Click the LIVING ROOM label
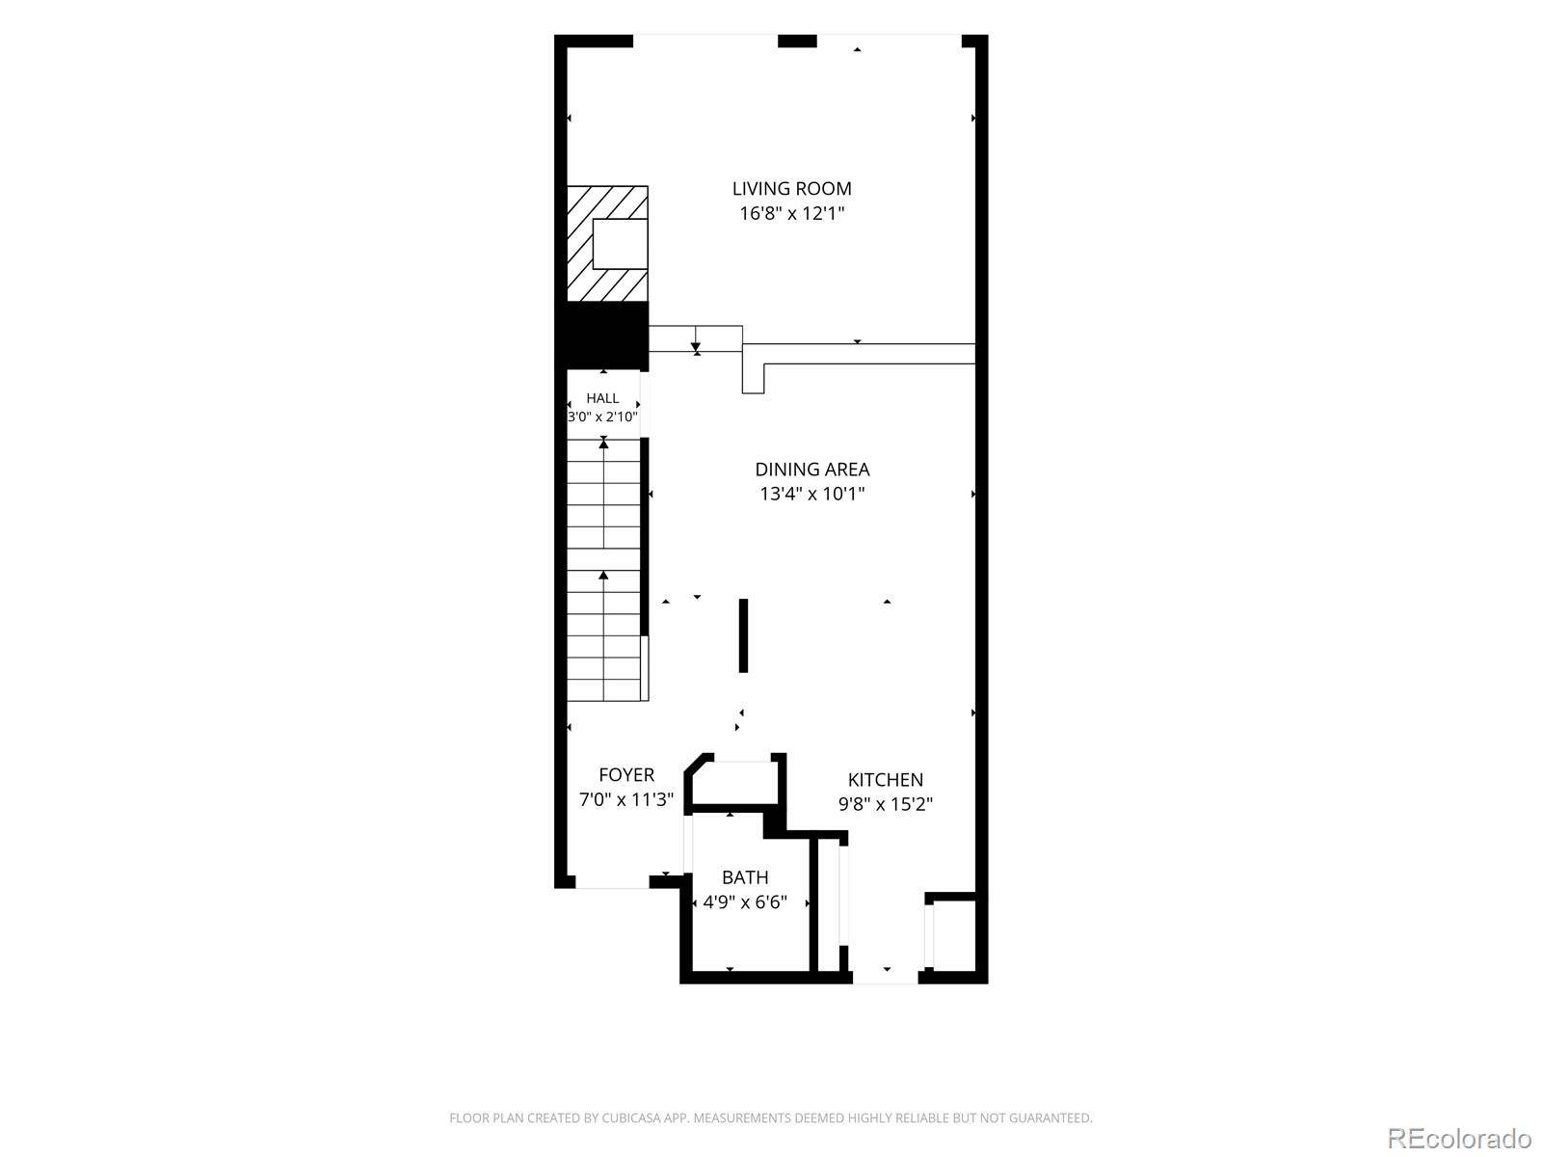pyautogui.click(x=791, y=188)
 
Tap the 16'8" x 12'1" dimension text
pyautogui.click(x=791, y=213)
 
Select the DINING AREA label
pyautogui.click(x=812, y=470)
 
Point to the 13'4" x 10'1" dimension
pyautogui.click(x=812, y=494)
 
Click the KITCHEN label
pyautogui.click(x=885, y=780)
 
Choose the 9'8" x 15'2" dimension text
pyautogui.click(x=885, y=804)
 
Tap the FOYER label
pyautogui.click(x=626, y=775)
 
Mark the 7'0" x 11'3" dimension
pyautogui.click(x=626, y=799)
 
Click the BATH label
pyautogui.click(x=745, y=877)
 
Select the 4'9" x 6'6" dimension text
pyautogui.click(x=745, y=902)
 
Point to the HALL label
pyautogui.click(x=602, y=398)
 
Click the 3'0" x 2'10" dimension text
pyautogui.click(x=602, y=417)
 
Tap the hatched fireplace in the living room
pyautogui.click(x=608, y=244)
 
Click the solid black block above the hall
pyautogui.click(x=602, y=336)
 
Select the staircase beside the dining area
pyautogui.click(x=605, y=570)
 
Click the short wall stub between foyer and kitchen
pyautogui.click(x=743, y=635)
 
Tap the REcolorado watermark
pyautogui.click(x=1460, y=1139)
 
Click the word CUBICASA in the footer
pyautogui.click(x=630, y=1118)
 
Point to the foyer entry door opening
pyautogui.click(x=613, y=882)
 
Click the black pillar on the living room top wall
pyautogui.click(x=797, y=41)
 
